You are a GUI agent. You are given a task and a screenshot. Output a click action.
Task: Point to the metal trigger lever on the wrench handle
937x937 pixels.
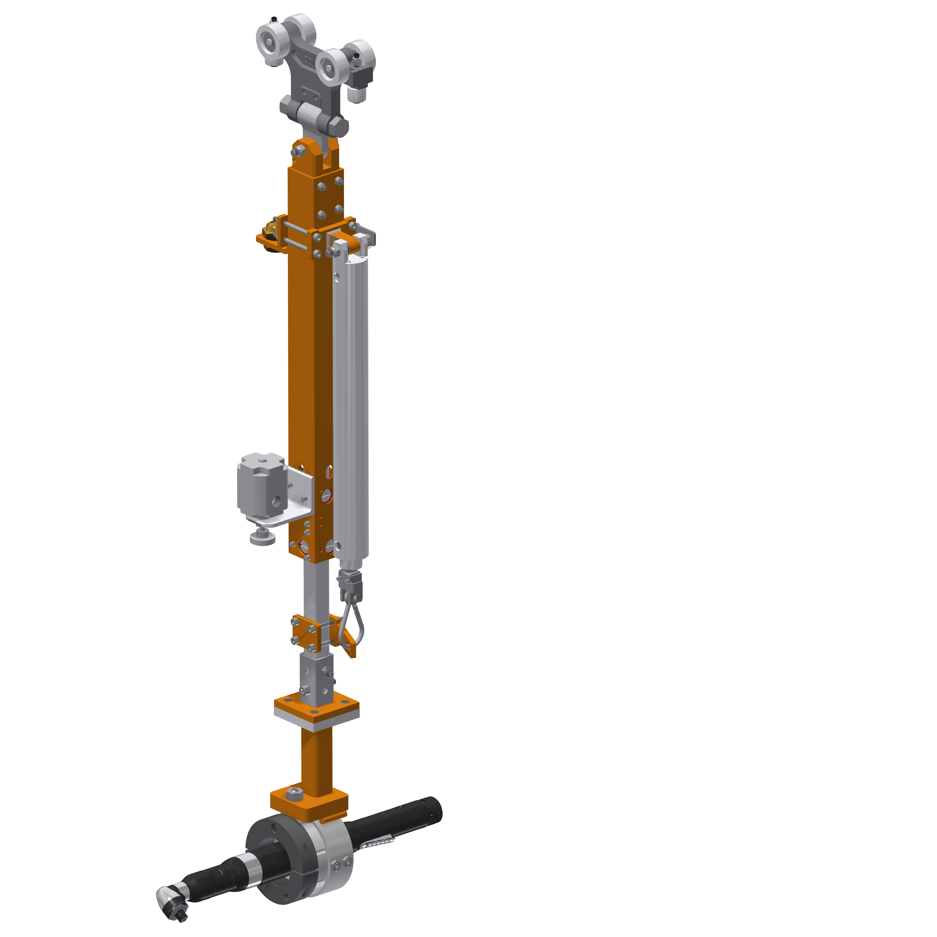coord(378,843)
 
